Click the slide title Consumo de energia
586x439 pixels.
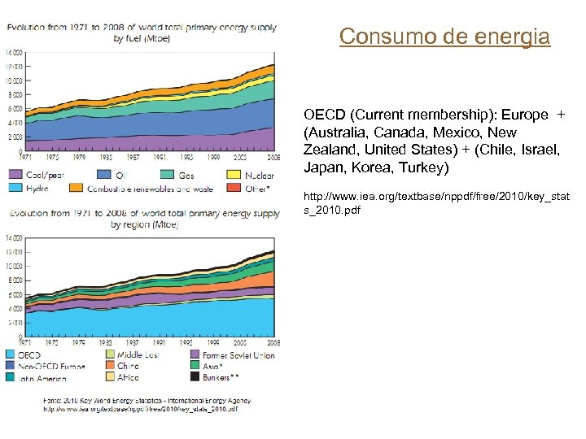click(x=444, y=37)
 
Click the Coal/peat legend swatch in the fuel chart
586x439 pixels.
click(x=15, y=175)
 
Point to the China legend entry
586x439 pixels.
click(x=127, y=366)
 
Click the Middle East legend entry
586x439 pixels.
click(x=138, y=355)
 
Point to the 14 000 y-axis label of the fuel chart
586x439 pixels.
click(x=13, y=51)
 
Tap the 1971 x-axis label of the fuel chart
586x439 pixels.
click(x=27, y=156)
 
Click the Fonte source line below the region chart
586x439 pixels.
click(x=146, y=401)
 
